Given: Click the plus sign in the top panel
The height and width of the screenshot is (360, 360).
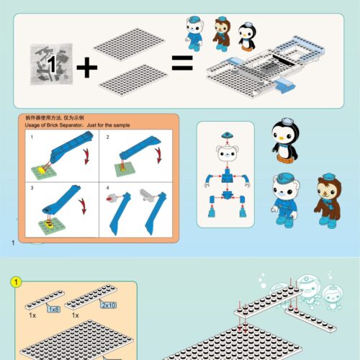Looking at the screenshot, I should point(86,68).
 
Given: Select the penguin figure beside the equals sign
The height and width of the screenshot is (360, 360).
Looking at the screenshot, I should point(246,36).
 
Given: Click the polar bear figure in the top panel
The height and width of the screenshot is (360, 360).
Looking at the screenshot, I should point(194,32).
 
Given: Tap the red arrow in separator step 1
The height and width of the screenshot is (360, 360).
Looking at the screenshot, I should point(86,155).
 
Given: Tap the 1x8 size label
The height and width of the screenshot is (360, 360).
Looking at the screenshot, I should point(54,309).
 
